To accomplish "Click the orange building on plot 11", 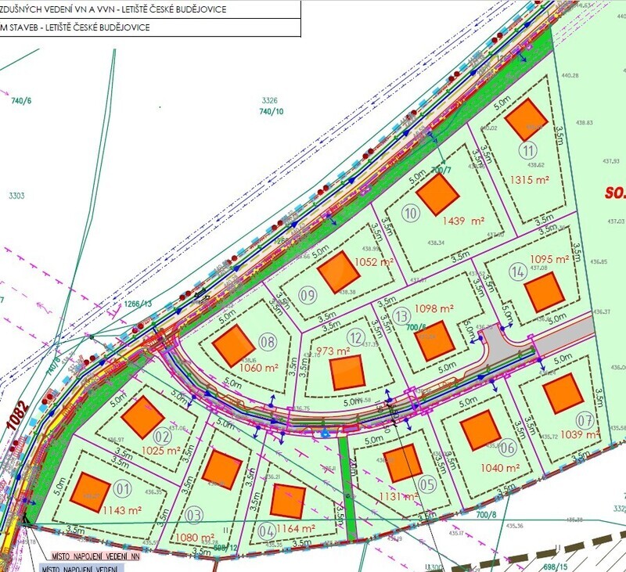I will tap(525, 120).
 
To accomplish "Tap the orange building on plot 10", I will tap(437, 194).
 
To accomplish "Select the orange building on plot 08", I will tap(233, 346).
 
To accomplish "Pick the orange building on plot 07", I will tap(563, 394).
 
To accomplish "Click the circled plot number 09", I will tap(308, 295).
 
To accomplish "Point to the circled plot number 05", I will tap(427, 484).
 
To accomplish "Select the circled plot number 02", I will tap(162, 437).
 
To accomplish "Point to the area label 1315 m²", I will tap(529, 179).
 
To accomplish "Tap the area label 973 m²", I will tap(332, 351).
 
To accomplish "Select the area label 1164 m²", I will tap(297, 528).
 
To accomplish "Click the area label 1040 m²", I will tap(501, 467).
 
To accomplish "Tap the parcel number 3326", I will tap(270, 100).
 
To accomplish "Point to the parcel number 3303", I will tap(16, 196).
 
